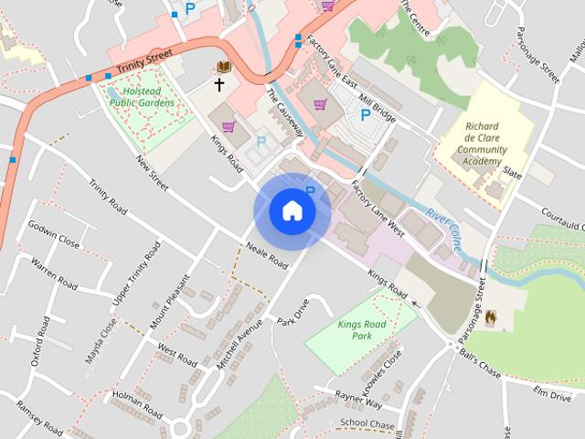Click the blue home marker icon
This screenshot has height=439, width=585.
pyautogui.click(x=292, y=210)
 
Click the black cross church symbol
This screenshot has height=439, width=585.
pyautogui.click(x=218, y=85)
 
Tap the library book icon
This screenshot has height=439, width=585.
pyautogui.click(x=222, y=67)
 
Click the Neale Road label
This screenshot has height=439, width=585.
pyautogui.click(x=267, y=255)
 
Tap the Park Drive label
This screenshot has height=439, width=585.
pyautogui.click(x=294, y=315)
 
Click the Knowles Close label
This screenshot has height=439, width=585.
pyautogui.click(x=382, y=370)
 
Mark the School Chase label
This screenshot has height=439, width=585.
pyautogui.click(x=367, y=424)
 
